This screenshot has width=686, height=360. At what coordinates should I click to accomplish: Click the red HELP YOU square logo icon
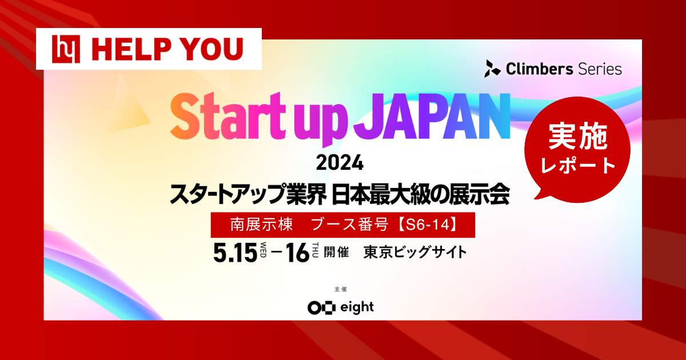pos(62,49)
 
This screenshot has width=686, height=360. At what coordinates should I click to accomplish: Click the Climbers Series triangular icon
pos(491,69)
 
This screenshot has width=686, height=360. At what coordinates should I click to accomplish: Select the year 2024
pos(340,163)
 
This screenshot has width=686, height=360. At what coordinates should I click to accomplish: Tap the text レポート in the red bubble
pos(577,166)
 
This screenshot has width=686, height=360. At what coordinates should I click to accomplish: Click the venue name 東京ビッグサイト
pos(415,252)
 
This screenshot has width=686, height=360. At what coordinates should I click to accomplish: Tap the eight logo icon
pos(320,307)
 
